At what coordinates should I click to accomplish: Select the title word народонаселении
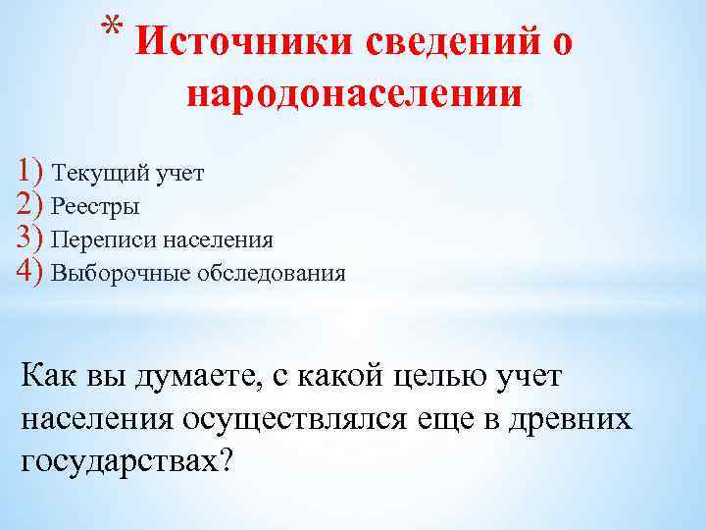click(353, 94)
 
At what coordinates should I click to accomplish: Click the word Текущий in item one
click(102, 174)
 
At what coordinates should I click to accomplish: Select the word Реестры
click(95, 207)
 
